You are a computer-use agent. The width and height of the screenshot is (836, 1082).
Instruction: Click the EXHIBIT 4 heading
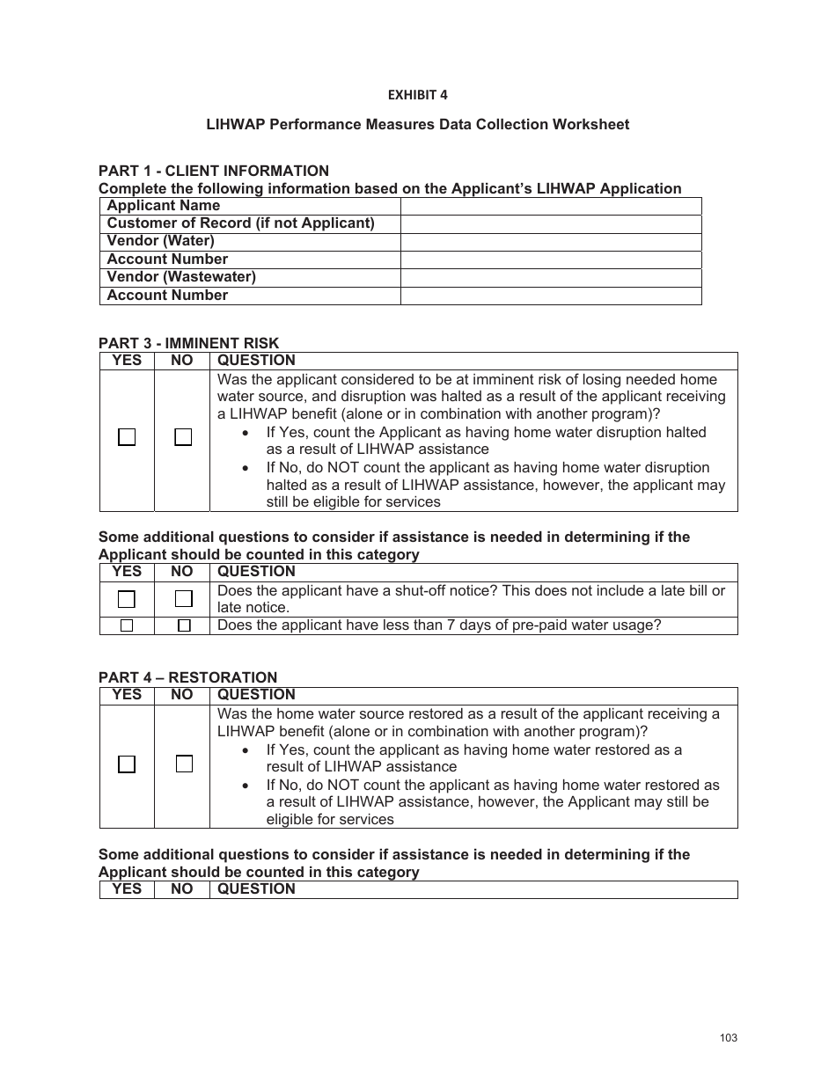pyautogui.click(x=417, y=95)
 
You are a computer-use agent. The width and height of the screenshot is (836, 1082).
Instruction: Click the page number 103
pyautogui.click(x=728, y=1038)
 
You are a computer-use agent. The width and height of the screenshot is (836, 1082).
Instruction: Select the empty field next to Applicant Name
pyautogui.click(x=551, y=206)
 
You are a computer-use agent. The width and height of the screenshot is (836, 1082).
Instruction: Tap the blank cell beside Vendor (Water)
pyautogui.click(x=551, y=242)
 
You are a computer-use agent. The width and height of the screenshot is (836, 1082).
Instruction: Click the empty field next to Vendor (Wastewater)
pyautogui.click(x=551, y=277)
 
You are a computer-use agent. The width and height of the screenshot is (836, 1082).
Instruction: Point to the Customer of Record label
pyautogui.click(x=240, y=223)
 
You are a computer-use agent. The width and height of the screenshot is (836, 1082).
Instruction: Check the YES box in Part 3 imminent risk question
pyautogui.click(x=127, y=437)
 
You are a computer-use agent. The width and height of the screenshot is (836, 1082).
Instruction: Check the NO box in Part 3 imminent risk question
pyautogui.click(x=182, y=437)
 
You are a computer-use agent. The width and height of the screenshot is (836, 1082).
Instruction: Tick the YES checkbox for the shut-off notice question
pyautogui.click(x=127, y=599)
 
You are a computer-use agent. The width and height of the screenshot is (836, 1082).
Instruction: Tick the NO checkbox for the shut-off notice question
pyautogui.click(x=183, y=599)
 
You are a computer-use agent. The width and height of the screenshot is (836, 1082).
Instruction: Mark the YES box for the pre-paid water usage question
pyautogui.click(x=127, y=625)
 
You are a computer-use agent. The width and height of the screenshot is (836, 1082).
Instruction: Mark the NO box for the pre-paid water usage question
pyautogui.click(x=183, y=625)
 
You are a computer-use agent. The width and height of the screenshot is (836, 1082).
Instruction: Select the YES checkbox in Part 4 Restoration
pyautogui.click(x=127, y=764)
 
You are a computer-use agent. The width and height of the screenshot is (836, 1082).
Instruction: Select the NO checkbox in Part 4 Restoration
pyautogui.click(x=183, y=764)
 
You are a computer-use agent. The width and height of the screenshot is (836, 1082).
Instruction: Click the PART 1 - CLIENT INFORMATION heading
pyautogui.click(x=214, y=171)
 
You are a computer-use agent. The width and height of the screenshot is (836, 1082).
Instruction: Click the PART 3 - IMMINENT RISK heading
pyautogui.click(x=188, y=343)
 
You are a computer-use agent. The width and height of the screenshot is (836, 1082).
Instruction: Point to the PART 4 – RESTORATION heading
pyautogui.click(x=187, y=677)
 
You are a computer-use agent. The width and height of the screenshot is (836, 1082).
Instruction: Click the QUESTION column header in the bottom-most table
pyautogui.click(x=256, y=889)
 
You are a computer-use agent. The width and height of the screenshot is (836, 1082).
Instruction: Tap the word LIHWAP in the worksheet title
pyautogui.click(x=233, y=125)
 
